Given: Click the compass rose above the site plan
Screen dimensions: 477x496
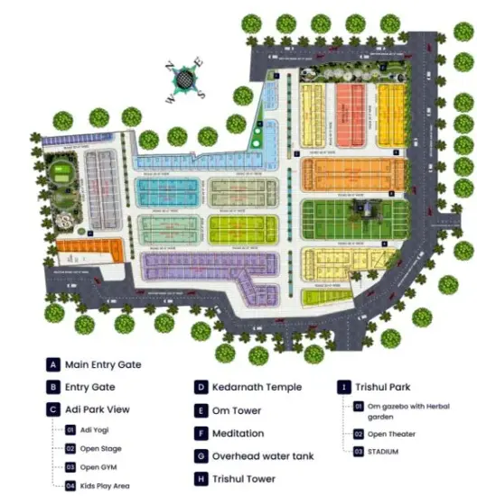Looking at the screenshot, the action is tap(186, 79).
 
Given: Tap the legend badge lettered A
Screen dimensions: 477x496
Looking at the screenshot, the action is tap(54, 365).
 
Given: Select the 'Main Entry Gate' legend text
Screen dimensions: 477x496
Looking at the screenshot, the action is tap(103, 365).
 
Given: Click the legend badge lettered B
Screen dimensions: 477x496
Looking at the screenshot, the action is tap(54, 388).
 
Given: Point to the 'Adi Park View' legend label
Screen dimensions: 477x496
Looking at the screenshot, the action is tap(97, 409).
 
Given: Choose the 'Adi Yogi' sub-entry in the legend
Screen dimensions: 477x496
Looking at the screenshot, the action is tap(93, 430).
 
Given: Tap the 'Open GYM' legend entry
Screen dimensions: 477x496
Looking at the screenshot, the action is tap(98, 467).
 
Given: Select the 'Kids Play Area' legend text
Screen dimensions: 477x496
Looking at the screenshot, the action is tap(104, 486).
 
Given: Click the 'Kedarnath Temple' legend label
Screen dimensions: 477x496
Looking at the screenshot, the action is tap(257, 388).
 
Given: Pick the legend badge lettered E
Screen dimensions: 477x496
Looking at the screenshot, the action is tap(201, 410).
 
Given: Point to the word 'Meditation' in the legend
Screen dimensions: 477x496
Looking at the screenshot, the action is tap(238, 434).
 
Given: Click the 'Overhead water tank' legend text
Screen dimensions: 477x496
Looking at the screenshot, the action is tap(263, 456).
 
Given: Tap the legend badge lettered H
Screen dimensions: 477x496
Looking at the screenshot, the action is tap(201, 479).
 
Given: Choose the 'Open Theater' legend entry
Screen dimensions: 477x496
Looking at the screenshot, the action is tap(396, 434).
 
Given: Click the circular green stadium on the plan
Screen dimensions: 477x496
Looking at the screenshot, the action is tap(61, 173).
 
